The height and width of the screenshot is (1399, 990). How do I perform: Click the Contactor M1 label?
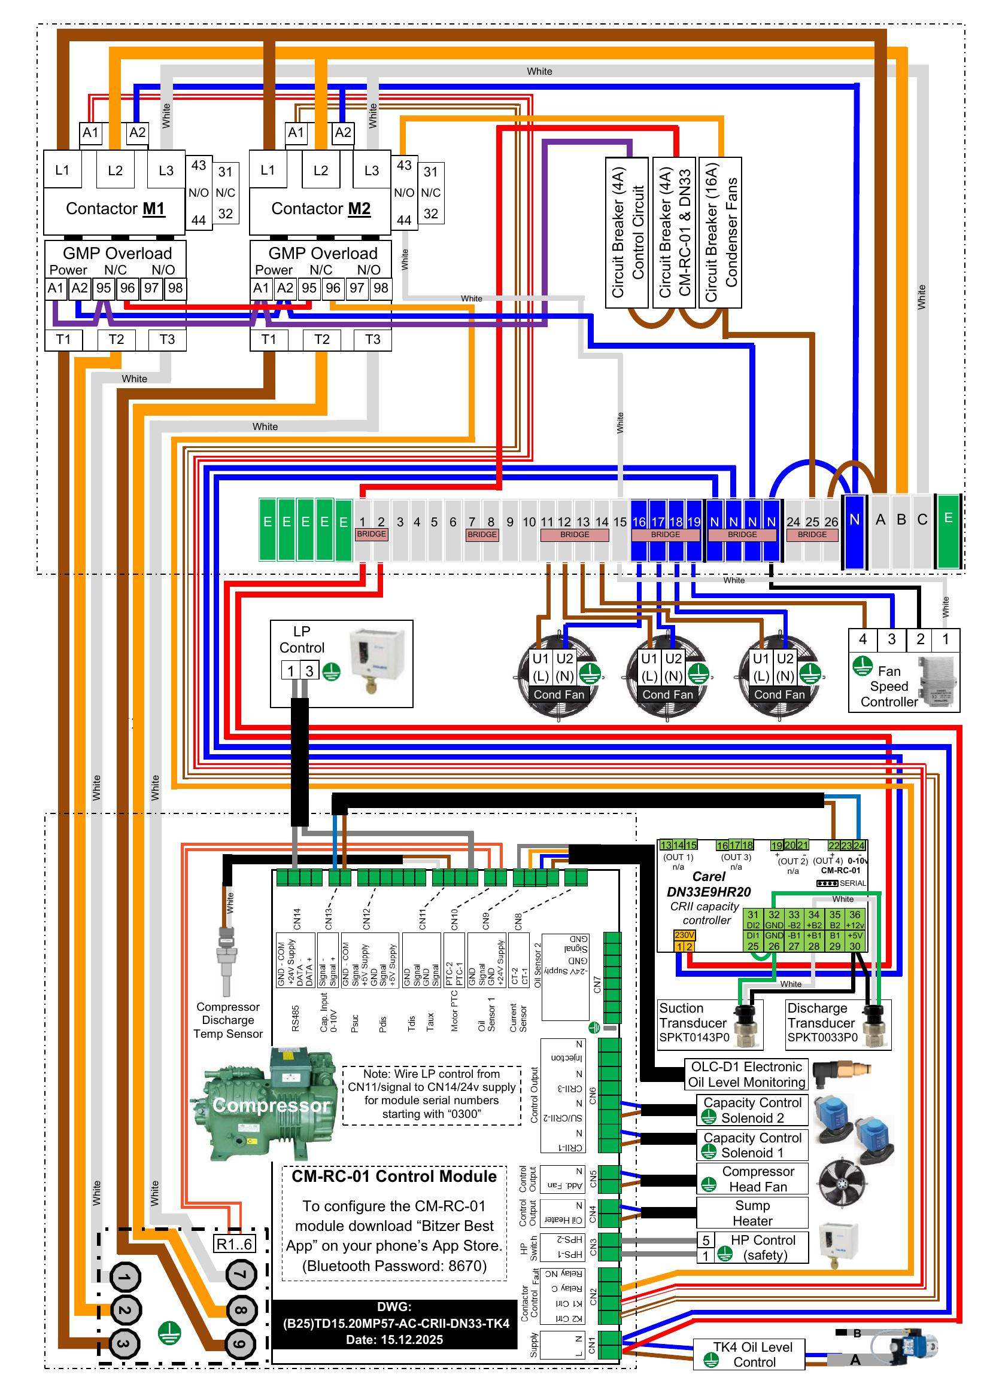(115, 209)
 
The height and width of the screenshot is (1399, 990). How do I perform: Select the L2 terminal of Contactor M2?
(321, 170)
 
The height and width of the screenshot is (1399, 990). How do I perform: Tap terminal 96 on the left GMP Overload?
(127, 288)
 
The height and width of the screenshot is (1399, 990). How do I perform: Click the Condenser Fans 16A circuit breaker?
(720, 231)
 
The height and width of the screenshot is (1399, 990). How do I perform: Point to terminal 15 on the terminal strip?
(620, 522)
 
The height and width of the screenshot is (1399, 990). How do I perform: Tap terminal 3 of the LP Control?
(309, 671)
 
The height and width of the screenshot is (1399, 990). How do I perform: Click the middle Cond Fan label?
(667, 694)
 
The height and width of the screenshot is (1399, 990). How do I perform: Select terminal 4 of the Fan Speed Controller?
(863, 639)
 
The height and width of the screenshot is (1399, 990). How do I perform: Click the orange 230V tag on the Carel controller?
(684, 935)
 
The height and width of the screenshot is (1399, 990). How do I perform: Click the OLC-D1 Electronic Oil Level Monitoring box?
(746, 1074)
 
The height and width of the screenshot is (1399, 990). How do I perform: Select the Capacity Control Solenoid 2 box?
(752, 1110)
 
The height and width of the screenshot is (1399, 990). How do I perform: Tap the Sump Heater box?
(752, 1213)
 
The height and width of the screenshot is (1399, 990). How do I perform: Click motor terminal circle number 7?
(241, 1275)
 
